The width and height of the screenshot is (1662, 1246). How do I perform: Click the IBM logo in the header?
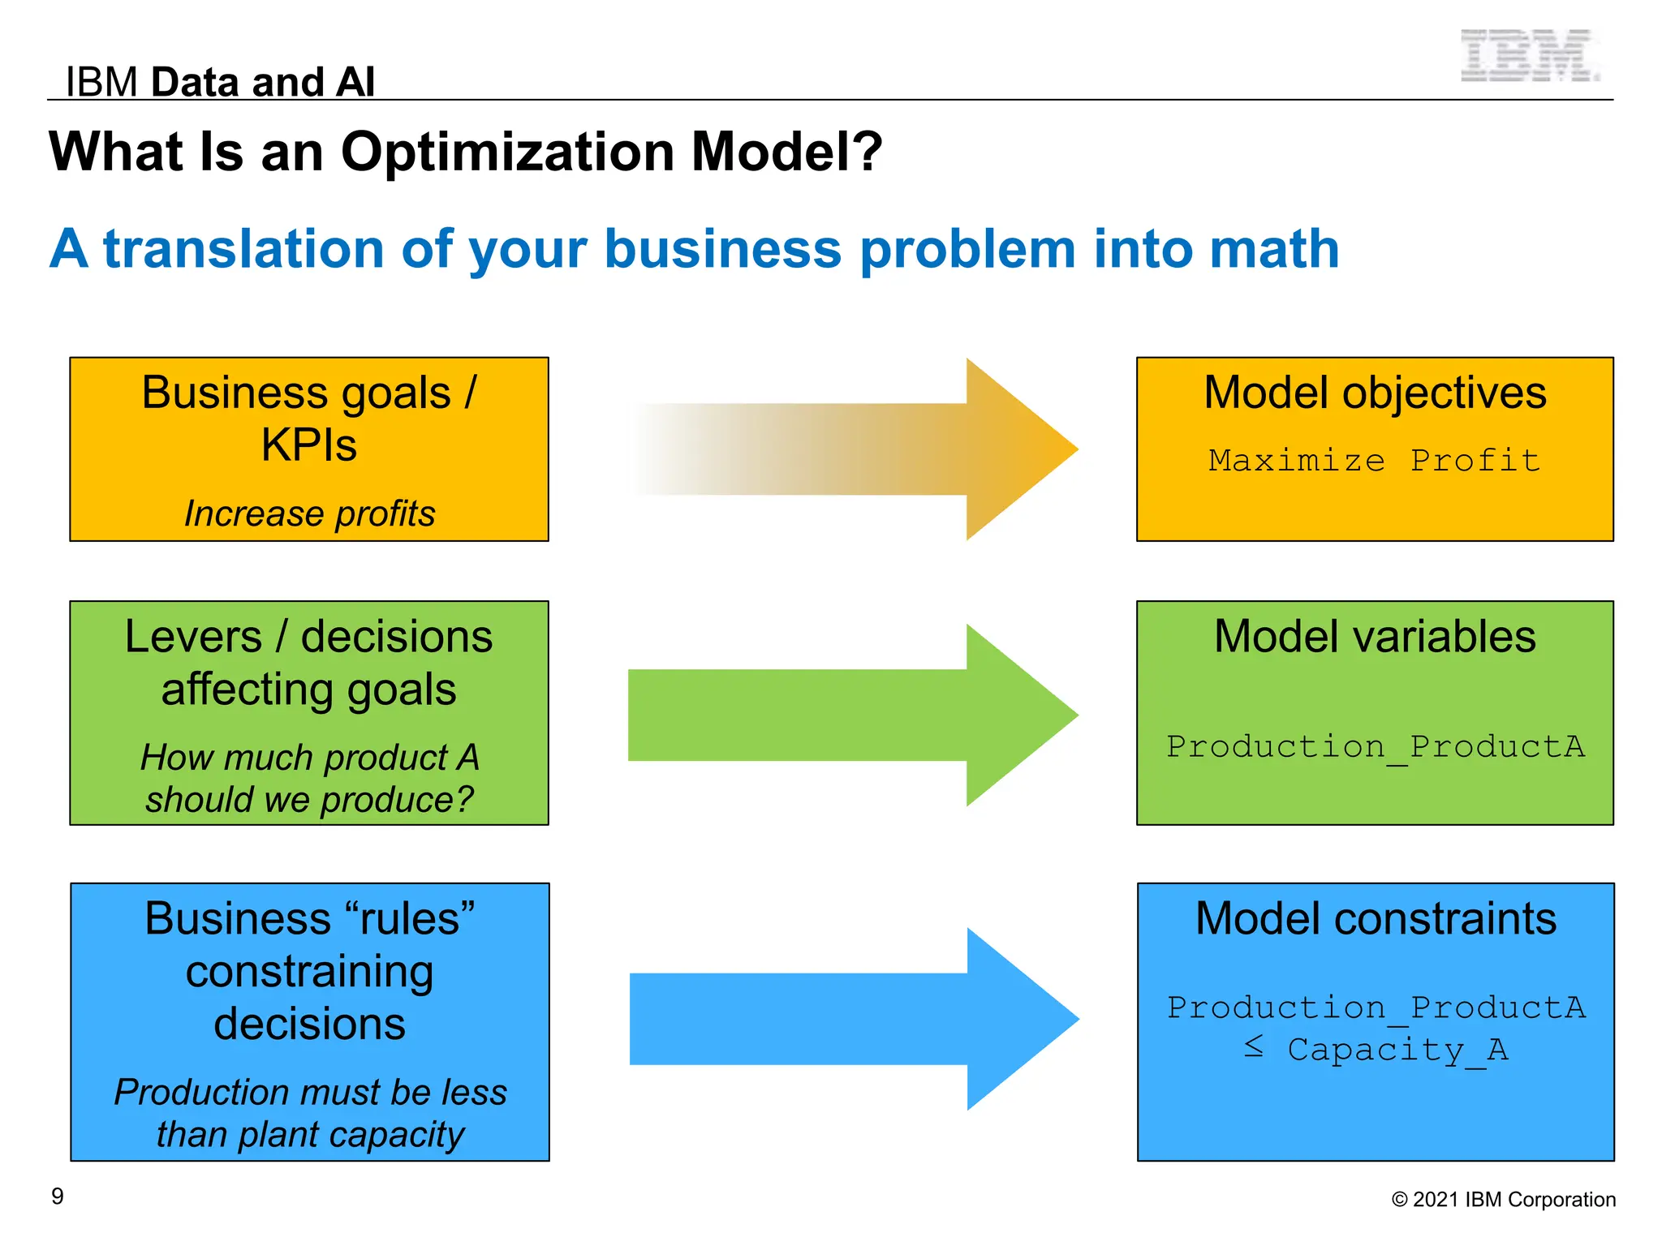click(x=1529, y=55)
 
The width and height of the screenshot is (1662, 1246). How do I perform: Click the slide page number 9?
click(x=58, y=1196)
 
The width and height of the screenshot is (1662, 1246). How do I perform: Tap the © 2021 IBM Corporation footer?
click(x=1503, y=1199)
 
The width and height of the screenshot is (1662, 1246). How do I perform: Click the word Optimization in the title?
click(x=508, y=152)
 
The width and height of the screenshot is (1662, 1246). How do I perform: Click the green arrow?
click(x=852, y=715)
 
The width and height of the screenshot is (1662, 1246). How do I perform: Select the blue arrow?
click(x=852, y=1019)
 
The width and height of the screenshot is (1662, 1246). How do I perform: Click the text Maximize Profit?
click(x=1374, y=460)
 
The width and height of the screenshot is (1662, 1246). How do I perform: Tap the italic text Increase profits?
click(x=309, y=513)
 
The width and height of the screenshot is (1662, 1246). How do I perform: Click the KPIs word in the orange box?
click(x=308, y=445)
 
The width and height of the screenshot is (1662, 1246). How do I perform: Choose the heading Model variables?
click(x=1375, y=636)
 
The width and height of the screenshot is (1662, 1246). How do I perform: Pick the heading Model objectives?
click(x=1375, y=393)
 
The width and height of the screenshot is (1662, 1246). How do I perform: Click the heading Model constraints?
click(x=1376, y=919)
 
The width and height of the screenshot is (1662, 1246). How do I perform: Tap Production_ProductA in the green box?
click(x=1375, y=746)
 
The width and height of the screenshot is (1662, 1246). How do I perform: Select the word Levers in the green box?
click(x=193, y=637)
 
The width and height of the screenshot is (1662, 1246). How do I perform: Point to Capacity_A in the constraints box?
click(x=1397, y=1050)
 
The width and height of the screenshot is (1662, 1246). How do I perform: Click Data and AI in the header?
click(x=263, y=82)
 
